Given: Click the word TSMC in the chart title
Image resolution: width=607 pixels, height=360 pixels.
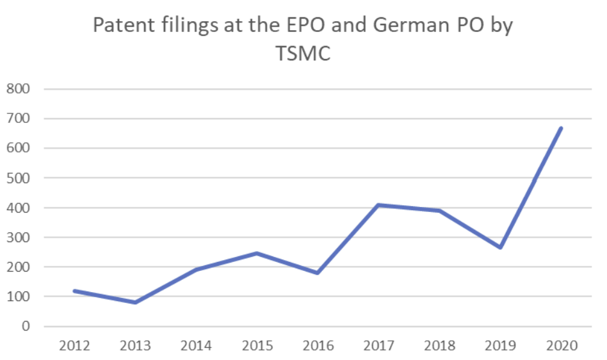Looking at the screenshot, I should [x=303, y=54].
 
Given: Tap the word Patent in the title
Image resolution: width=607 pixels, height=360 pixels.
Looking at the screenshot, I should [x=122, y=26].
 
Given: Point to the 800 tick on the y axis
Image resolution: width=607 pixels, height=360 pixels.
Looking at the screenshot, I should [x=18, y=89].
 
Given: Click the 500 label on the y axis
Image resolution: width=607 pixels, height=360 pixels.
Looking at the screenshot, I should [x=18, y=178].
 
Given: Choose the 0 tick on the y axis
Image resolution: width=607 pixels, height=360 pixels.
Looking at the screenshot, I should [x=26, y=327].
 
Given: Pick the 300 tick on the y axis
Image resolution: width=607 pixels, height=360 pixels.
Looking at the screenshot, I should [x=18, y=238].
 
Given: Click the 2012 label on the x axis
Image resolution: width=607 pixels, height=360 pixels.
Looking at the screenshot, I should [x=75, y=346].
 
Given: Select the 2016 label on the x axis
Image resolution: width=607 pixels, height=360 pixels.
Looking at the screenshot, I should [x=318, y=346].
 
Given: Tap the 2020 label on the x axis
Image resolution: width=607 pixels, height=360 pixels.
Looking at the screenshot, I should [x=562, y=346].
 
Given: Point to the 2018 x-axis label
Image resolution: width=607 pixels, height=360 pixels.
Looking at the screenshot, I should [x=440, y=346].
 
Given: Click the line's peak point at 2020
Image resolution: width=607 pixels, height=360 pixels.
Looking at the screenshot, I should [x=562, y=128].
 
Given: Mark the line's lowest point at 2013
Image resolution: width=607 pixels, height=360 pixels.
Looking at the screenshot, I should [x=136, y=302].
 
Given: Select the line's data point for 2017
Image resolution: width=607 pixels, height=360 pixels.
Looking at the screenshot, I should [x=379, y=205].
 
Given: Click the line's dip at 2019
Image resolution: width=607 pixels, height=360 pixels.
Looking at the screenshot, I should [x=501, y=247].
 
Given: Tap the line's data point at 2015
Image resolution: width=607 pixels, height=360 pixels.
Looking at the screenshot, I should [x=257, y=253].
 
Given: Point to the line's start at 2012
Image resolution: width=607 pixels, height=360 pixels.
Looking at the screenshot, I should [x=75, y=291].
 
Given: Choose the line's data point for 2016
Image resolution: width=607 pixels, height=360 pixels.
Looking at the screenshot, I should [x=318, y=273].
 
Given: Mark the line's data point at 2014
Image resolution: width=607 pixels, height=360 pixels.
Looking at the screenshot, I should [x=197, y=270].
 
